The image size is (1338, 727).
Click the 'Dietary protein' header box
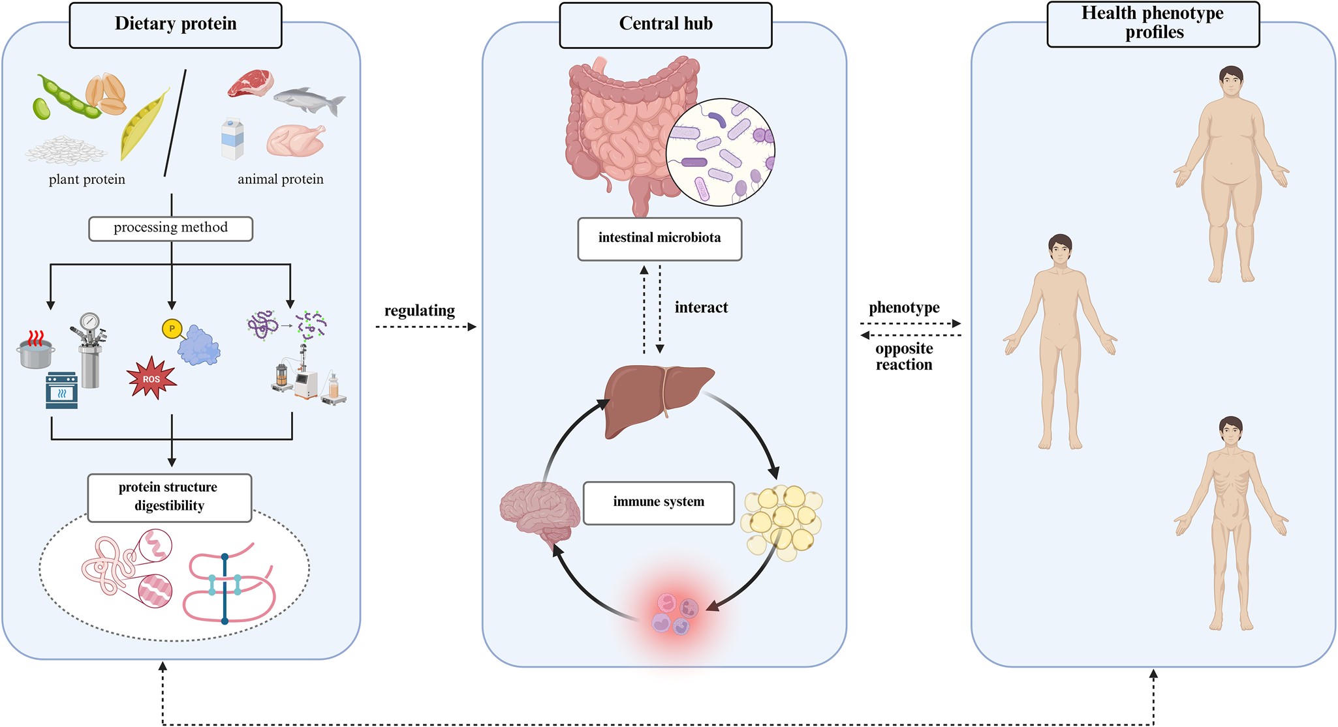pyautogui.click(x=176, y=25)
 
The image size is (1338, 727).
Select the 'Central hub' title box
pyautogui.click(x=666, y=25)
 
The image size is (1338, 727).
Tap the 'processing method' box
pyautogui.click(x=170, y=228)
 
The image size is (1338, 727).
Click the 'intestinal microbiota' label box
pyautogui.click(x=659, y=239)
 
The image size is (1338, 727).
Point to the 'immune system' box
pyautogui.click(x=659, y=502)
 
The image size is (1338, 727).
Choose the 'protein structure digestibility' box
pyautogui.click(x=169, y=497)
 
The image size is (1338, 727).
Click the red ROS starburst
pyautogui.click(x=151, y=378)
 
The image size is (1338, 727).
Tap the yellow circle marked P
pyautogui.click(x=172, y=328)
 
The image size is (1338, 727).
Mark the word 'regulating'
pyautogui.click(x=420, y=311)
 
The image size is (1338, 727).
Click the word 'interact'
pyautogui.click(x=701, y=308)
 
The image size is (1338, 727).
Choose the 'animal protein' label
pyautogui.click(x=281, y=179)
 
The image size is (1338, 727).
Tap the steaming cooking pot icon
pyautogui.click(x=36, y=352)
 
